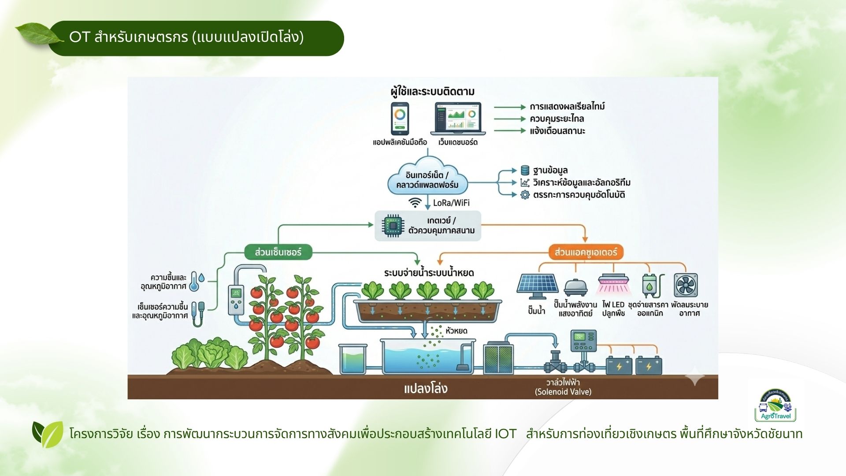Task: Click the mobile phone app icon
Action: tap(400, 118)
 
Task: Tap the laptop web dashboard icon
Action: tap(458, 118)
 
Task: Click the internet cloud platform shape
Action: tap(427, 179)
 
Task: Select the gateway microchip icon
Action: tap(392, 226)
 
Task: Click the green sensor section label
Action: tap(278, 252)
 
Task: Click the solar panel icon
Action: tap(538, 286)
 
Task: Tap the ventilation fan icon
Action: tap(686, 285)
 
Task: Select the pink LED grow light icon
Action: tap(613, 284)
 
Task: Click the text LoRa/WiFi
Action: tap(451, 203)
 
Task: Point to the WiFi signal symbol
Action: tap(415, 202)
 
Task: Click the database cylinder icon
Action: tap(525, 170)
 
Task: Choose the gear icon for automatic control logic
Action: tap(525, 195)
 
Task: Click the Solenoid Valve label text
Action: tap(563, 392)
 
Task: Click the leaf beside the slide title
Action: tap(37, 34)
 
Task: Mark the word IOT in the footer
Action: tap(505, 434)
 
